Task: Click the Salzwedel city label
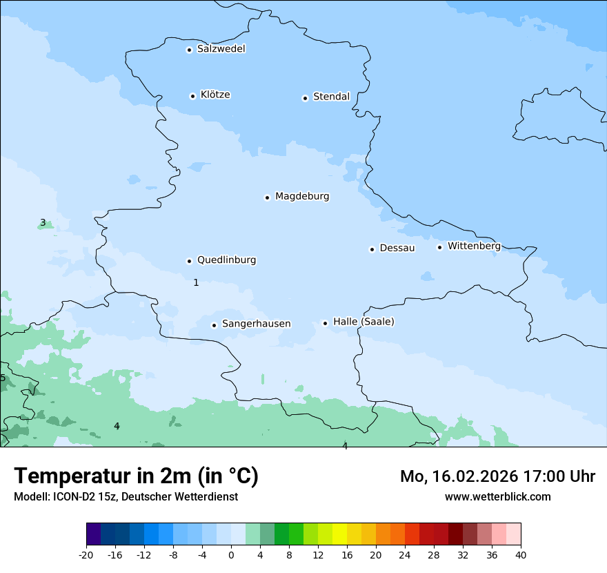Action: (x=221, y=49)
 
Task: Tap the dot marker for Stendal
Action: (x=305, y=98)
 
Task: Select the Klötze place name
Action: (x=215, y=95)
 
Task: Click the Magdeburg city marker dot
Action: (x=267, y=197)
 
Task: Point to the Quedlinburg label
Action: (x=226, y=260)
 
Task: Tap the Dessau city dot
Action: (x=372, y=249)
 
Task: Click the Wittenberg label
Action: (x=474, y=246)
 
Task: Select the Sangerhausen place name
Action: (x=256, y=324)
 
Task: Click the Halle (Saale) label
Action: (x=364, y=322)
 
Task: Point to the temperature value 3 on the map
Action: (x=43, y=223)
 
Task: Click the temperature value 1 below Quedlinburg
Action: (x=196, y=283)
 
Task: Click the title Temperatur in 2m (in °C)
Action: (x=136, y=476)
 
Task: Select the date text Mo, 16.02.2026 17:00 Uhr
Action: (x=497, y=476)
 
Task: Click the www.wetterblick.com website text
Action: (x=497, y=496)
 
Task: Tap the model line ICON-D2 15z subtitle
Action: (x=126, y=497)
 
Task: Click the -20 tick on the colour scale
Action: (x=86, y=554)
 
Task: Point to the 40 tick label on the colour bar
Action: (x=521, y=554)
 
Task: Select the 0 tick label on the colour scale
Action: (x=231, y=554)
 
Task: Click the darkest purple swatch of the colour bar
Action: (x=93, y=534)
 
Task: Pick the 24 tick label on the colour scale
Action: (x=405, y=554)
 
